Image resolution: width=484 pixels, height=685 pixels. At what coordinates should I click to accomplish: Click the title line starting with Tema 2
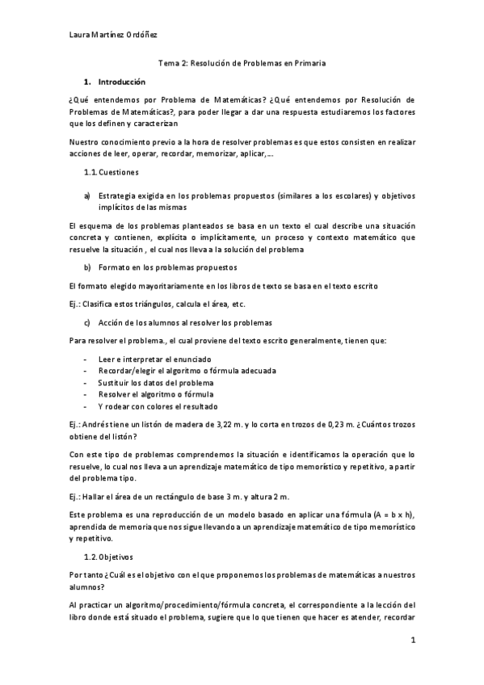click(x=241, y=62)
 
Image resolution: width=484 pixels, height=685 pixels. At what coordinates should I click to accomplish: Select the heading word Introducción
click(x=121, y=82)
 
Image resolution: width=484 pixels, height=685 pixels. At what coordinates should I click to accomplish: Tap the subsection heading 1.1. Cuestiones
click(x=112, y=173)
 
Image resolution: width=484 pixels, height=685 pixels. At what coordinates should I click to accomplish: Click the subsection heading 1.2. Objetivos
click(x=109, y=557)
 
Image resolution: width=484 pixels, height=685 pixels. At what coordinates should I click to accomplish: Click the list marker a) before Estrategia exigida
click(x=87, y=196)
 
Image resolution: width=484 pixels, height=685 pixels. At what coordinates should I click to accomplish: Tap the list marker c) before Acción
click(x=87, y=322)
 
